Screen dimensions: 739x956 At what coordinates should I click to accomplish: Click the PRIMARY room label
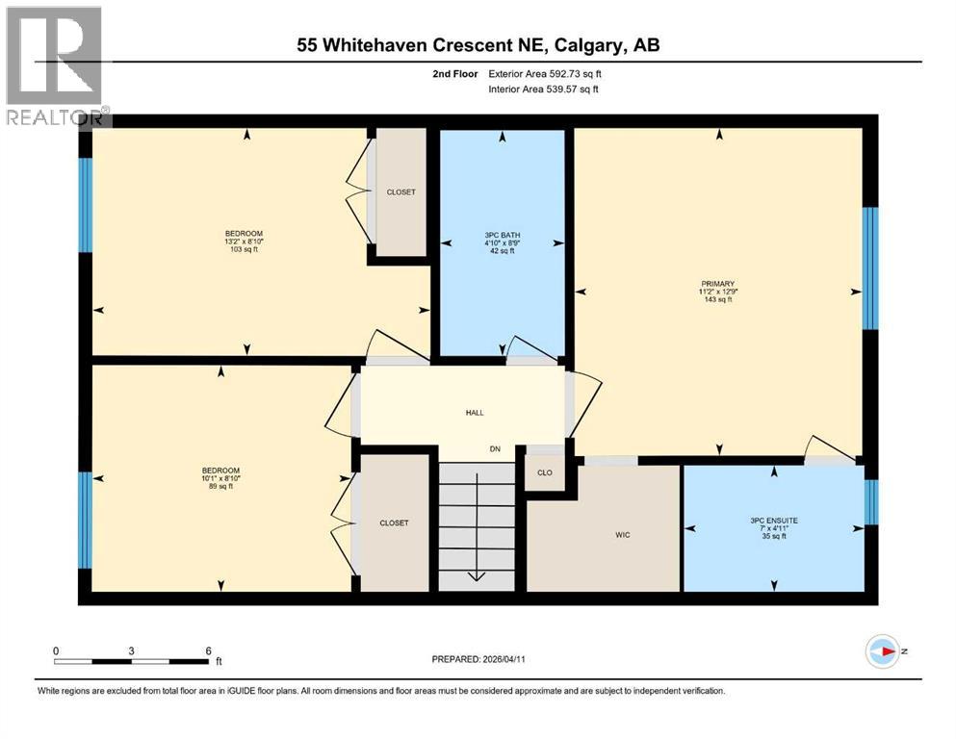tap(717, 284)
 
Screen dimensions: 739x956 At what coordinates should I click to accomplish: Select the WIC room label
tap(622, 535)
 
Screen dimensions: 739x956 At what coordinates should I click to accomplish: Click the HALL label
tap(474, 413)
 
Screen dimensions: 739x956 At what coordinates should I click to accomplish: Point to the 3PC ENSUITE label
tap(774, 521)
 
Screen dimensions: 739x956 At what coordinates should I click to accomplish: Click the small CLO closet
tap(545, 472)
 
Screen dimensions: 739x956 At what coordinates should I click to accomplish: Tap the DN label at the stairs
tap(495, 449)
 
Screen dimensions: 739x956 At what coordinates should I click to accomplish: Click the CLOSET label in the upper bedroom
tap(400, 192)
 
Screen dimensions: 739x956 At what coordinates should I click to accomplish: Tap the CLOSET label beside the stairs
tap(393, 523)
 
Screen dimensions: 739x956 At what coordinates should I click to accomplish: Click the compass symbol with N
tap(883, 651)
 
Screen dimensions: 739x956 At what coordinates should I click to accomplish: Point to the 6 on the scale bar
tap(207, 650)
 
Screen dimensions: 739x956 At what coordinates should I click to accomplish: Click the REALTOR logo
tap(55, 65)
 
